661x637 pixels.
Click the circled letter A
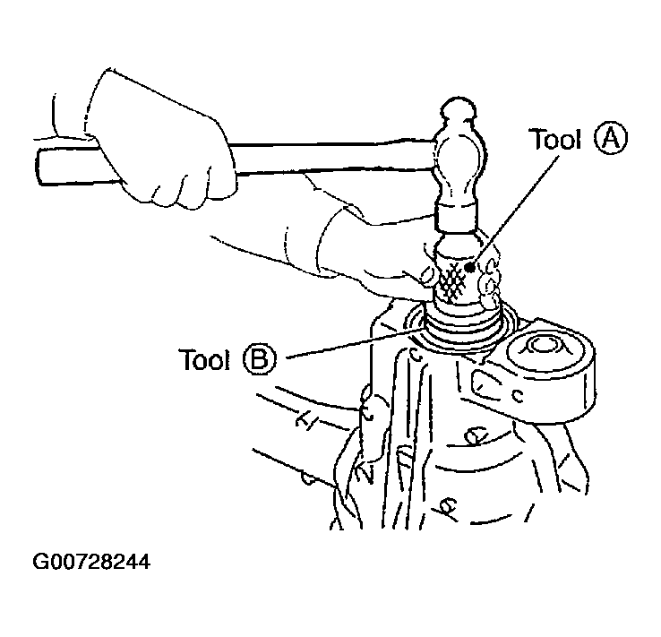(611, 139)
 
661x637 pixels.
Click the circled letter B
(260, 360)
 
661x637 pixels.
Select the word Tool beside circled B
(204, 360)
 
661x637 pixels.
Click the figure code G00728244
(91, 562)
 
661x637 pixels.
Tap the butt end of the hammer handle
(40, 166)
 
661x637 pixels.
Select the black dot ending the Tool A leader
(470, 267)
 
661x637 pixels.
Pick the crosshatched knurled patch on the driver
(452, 280)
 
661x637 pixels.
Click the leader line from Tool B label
(351, 344)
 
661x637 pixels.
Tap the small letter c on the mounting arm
(518, 395)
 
